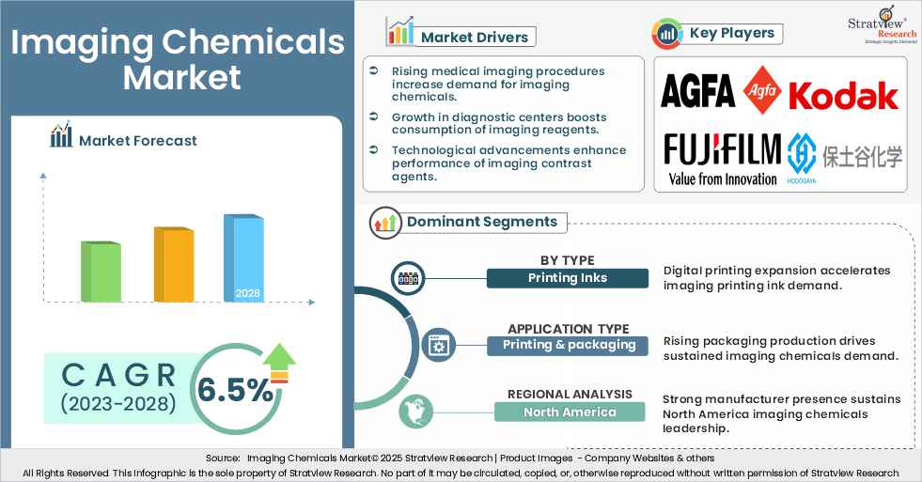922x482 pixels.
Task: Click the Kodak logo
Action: click(844, 95)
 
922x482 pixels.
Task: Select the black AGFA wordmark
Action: click(697, 91)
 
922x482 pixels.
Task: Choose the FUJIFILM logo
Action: click(722, 150)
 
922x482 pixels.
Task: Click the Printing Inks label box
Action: click(567, 278)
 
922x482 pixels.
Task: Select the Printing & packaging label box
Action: click(569, 345)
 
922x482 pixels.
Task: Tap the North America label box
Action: click(570, 412)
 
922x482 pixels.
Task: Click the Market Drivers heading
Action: click(473, 37)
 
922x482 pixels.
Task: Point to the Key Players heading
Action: click(731, 33)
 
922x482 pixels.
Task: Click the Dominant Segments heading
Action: click(481, 222)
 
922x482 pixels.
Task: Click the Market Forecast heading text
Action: click(138, 140)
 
